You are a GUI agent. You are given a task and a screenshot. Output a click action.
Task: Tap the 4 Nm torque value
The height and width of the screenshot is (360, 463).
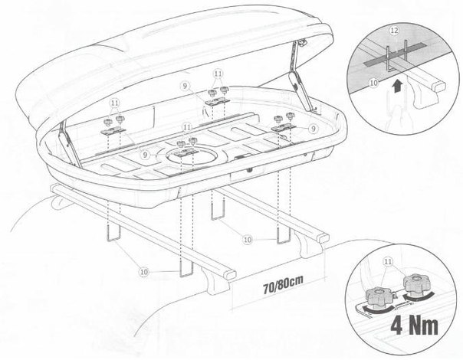pos(415,326)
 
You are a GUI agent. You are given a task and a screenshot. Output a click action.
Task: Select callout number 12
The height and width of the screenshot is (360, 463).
pos(395,31)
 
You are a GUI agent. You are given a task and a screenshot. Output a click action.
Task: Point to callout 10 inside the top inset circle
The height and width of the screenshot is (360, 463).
pos(374,83)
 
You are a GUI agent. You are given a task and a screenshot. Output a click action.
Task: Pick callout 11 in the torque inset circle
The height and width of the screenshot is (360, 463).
pos(388,261)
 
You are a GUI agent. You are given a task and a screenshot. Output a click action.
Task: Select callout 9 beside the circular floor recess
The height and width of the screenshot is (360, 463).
pos(145,155)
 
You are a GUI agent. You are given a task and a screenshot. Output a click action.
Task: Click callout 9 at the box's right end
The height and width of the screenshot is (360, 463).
pos(314,129)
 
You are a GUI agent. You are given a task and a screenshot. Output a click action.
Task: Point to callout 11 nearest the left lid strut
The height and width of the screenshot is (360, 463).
pos(115,103)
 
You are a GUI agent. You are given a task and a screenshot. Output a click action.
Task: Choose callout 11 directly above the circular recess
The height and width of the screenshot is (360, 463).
pos(186,127)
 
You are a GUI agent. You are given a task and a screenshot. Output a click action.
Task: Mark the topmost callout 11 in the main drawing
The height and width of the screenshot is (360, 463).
pos(218,74)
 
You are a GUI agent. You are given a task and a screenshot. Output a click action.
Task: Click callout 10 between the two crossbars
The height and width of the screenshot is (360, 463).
pos(248,240)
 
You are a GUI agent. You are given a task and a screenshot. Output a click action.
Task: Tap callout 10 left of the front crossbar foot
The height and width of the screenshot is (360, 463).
pos(144,272)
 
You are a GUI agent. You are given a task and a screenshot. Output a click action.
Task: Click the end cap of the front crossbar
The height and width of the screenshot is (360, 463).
pos(230,275)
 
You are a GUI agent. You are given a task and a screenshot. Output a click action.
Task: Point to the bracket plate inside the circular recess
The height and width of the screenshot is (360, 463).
pos(186,152)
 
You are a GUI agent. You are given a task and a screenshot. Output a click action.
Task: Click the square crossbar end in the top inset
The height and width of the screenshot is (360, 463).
pos(438,87)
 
